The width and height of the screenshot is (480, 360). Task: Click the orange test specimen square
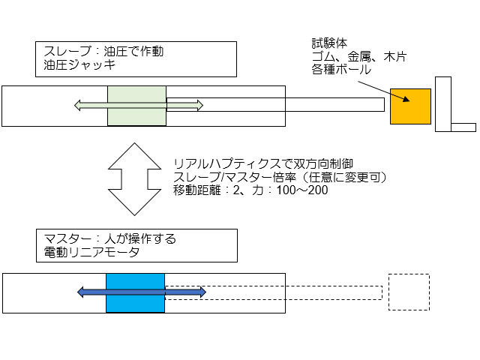click(x=410, y=106)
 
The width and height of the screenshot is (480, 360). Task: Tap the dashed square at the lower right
click(x=409, y=292)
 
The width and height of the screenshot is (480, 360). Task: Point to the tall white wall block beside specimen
click(x=442, y=104)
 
